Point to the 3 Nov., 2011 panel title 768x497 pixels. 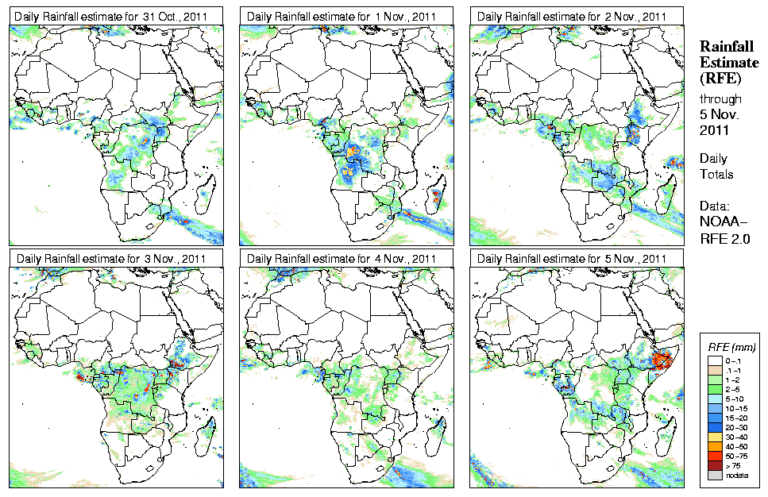pos(112,259)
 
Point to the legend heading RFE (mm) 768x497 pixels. pos(731,347)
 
